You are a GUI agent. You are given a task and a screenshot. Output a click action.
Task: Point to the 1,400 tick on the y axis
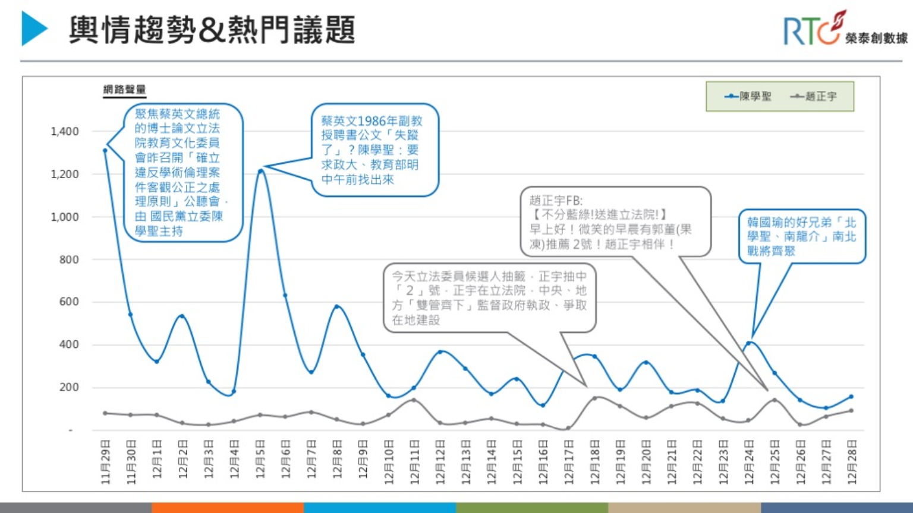(65, 131)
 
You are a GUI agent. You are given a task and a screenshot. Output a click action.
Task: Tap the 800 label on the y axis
(69, 259)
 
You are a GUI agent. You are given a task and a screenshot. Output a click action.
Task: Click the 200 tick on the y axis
(69, 387)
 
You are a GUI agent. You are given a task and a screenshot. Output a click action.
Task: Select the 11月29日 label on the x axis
(106, 462)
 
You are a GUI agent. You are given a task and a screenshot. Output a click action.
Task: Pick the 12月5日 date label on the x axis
(260, 462)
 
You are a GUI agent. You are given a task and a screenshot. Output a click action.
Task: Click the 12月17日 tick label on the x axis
(569, 462)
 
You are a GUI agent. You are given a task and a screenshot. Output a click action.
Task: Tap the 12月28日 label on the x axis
(852, 462)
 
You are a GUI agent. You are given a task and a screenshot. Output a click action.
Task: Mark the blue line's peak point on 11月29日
(105, 150)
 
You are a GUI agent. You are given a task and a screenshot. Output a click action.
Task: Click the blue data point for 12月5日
(260, 172)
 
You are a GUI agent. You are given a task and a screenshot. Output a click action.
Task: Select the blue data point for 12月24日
(749, 343)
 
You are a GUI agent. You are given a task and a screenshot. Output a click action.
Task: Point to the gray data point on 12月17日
(569, 427)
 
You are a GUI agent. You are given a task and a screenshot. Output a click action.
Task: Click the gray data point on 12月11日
(414, 400)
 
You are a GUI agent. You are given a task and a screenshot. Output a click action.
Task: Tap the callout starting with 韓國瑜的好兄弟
(801, 236)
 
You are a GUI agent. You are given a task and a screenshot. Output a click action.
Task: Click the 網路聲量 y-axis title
(124, 90)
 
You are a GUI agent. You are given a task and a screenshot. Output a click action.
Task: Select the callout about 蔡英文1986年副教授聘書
(375, 150)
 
